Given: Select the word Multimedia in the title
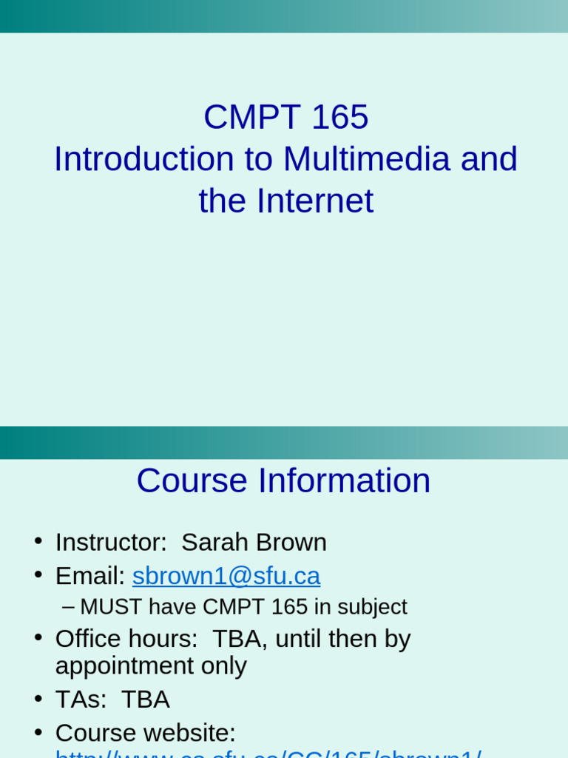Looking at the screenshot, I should click(367, 159).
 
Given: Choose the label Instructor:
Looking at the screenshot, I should click(112, 542).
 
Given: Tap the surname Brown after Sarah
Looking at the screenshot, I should click(291, 542).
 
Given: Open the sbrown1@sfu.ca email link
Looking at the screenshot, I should click(226, 576).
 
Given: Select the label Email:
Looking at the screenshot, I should click(90, 576).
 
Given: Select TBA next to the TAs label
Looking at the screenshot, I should click(145, 700).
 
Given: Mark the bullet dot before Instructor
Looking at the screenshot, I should click(38, 540).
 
